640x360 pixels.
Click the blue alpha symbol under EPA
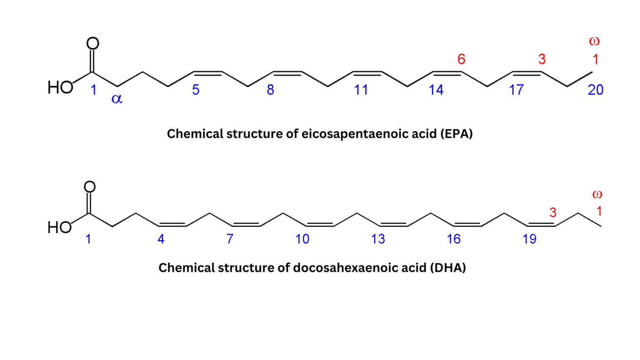coord(117,99)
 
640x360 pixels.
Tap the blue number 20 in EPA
coord(595,90)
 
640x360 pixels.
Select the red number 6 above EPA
coord(461,59)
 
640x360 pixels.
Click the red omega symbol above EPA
coord(594,41)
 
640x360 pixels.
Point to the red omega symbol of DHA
coord(597,194)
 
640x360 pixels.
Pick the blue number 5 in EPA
coord(196,90)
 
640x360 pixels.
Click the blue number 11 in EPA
coord(361,90)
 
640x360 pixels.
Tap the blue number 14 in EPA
coord(436,90)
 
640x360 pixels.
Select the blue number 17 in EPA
coord(516,90)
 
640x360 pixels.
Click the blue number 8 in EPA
coord(270,90)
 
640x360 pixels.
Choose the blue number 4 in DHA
coord(161,239)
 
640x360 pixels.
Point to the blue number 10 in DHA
coord(302,239)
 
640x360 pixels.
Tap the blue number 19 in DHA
coord(530,239)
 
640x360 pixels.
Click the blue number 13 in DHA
coord(378,239)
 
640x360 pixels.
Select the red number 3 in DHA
coord(553,212)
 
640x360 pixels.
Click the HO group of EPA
coord(60,87)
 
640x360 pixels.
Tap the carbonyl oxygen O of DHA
coord(90,187)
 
